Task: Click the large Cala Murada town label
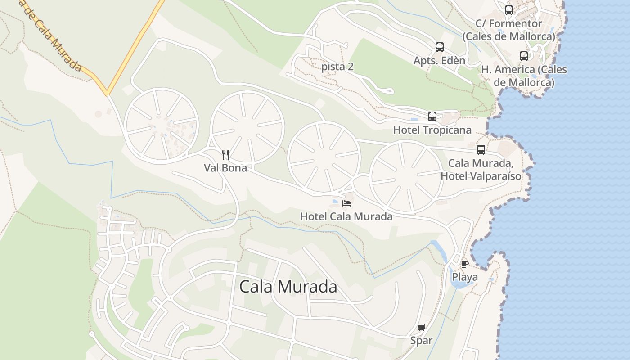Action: pyautogui.click(x=288, y=287)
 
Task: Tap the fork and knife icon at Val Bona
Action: pyautogui.click(x=226, y=155)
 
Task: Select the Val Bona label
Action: pyautogui.click(x=225, y=168)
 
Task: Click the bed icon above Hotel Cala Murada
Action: pyautogui.click(x=346, y=203)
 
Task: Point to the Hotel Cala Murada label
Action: pyautogui.click(x=346, y=216)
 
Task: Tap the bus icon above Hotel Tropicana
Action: pyautogui.click(x=432, y=117)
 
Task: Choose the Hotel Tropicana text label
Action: pyautogui.click(x=432, y=130)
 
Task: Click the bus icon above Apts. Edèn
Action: pyautogui.click(x=440, y=47)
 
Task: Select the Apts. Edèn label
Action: pyautogui.click(x=439, y=60)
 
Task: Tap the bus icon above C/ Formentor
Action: pyautogui.click(x=509, y=10)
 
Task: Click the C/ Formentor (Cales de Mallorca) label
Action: pyautogui.click(x=508, y=30)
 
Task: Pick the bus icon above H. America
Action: pyautogui.click(x=524, y=56)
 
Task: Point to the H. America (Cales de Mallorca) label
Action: pyautogui.click(x=524, y=76)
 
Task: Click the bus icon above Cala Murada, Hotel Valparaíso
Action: pyautogui.click(x=481, y=150)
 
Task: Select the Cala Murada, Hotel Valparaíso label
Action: pyautogui.click(x=481, y=170)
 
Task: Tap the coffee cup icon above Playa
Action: pyautogui.click(x=465, y=264)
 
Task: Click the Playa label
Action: pyautogui.click(x=465, y=277)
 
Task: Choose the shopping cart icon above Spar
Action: pyautogui.click(x=421, y=328)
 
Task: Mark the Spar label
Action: pyautogui.click(x=421, y=341)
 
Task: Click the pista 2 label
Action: pyautogui.click(x=337, y=67)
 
